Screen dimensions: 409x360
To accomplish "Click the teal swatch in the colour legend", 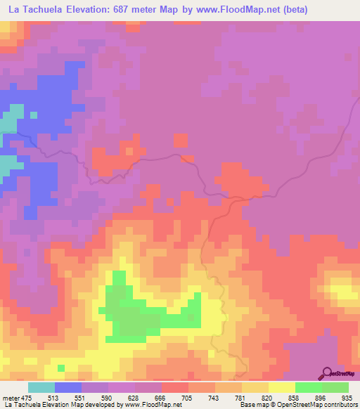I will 41,387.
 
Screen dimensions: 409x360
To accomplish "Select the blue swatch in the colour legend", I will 68,387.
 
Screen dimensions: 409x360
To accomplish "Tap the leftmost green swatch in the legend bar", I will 309,387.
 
